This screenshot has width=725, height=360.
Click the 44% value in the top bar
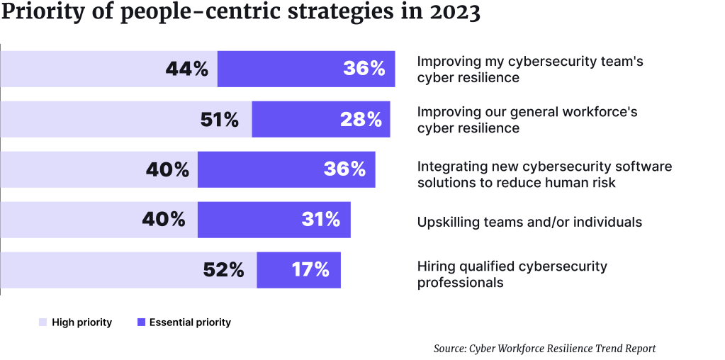tap(186, 69)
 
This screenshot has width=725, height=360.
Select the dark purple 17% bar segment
tap(298, 270)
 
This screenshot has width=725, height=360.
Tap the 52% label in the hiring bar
tap(223, 270)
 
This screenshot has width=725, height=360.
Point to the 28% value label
tap(361, 119)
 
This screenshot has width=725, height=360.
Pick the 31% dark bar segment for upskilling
tap(274, 220)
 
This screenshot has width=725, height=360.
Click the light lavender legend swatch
tap(43, 322)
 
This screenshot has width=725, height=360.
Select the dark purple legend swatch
tap(142, 322)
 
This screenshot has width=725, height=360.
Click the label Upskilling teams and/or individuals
tap(529, 222)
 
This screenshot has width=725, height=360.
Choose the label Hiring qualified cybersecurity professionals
tap(512, 274)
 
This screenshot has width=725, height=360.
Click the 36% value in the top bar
tap(364, 69)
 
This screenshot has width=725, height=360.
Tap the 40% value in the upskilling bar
tap(164, 220)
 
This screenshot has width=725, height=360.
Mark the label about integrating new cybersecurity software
tap(544, 174)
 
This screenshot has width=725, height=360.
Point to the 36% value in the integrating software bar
tap(344, 169)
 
